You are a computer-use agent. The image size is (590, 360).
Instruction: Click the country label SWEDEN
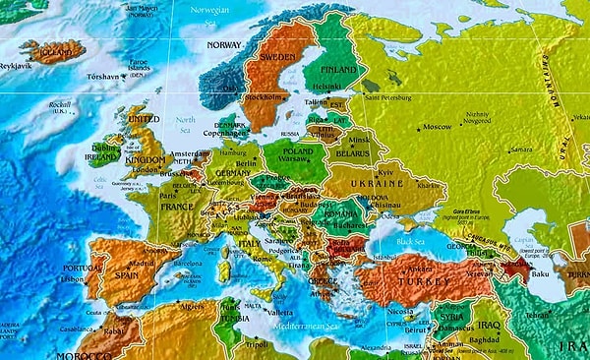(x=278, y=58)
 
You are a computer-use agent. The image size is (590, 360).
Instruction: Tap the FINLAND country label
(x=339, y=71)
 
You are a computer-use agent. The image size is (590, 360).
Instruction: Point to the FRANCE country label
(x=177, y=209)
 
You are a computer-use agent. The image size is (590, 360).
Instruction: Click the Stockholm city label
(x=263, y=98)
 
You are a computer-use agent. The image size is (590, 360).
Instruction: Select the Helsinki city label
(x=335, y=85)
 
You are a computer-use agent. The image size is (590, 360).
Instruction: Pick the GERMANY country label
(x=232, y=171)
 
